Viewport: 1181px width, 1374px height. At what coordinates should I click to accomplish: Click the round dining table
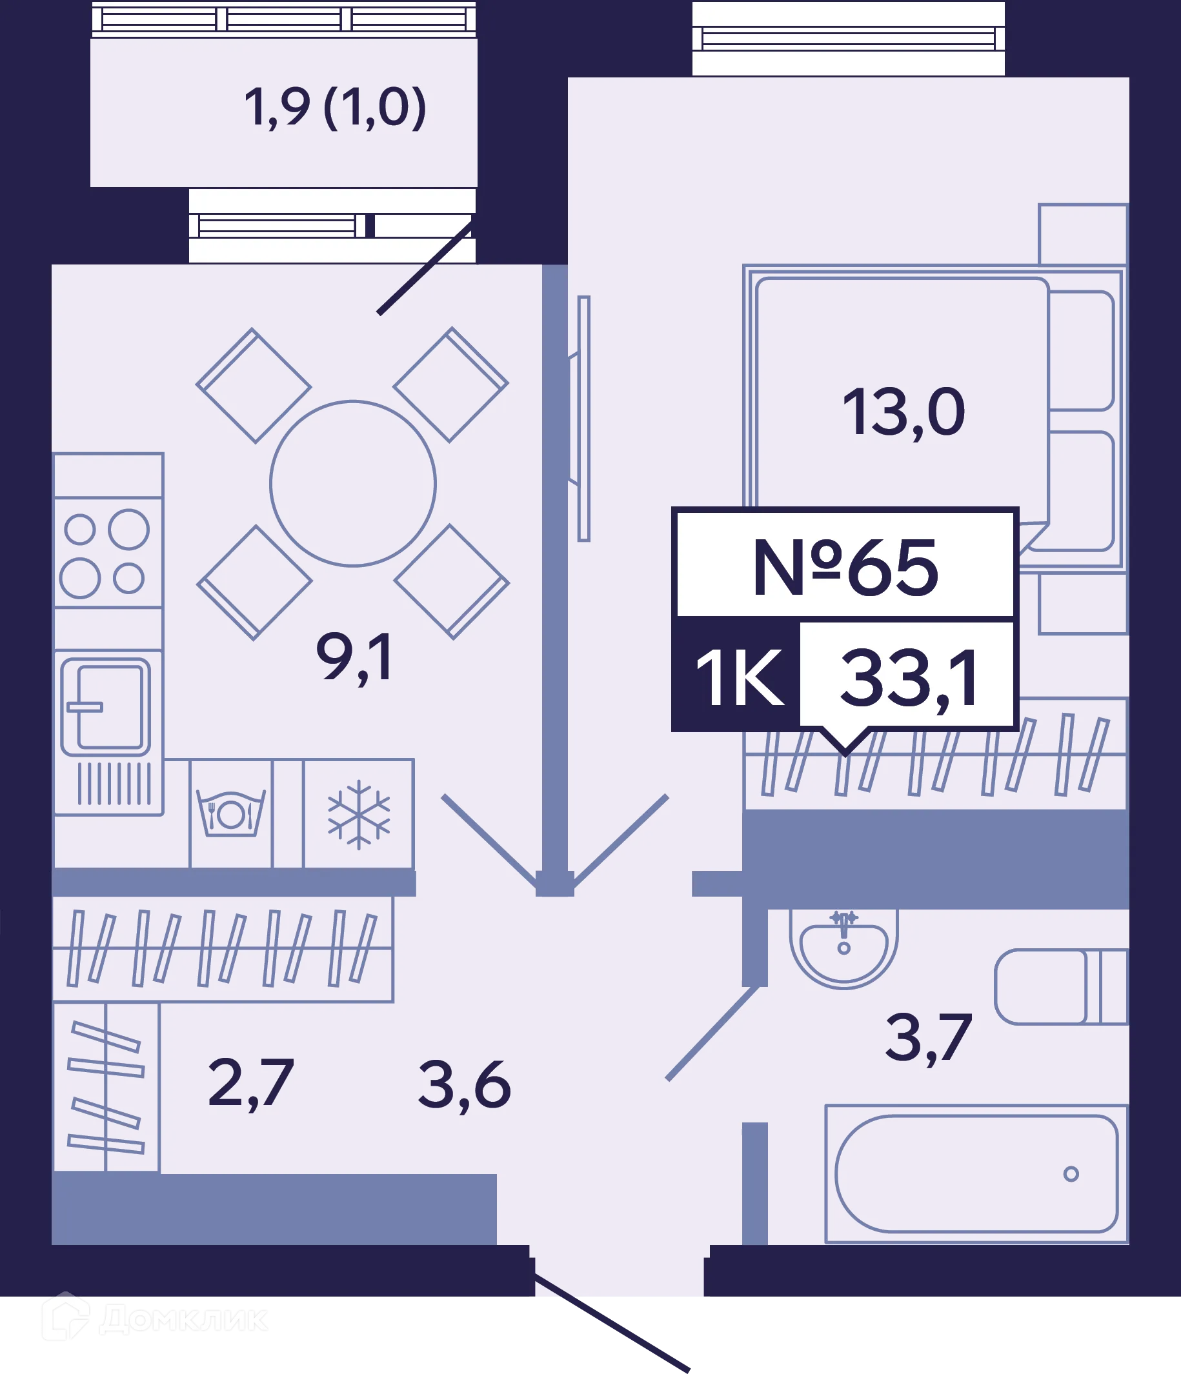353,483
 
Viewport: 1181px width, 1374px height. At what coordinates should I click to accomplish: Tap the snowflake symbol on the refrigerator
359,814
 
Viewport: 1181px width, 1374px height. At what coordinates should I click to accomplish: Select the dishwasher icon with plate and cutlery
231,813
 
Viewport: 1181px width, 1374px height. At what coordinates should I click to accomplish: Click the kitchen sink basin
106,707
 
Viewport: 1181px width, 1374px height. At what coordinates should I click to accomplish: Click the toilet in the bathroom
1061,987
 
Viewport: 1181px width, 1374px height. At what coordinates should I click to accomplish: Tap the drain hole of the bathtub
1071,1174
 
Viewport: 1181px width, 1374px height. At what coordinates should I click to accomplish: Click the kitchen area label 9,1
355,658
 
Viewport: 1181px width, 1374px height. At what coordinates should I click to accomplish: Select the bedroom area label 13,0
903,413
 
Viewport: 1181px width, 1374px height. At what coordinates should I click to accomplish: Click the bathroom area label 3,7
929,1039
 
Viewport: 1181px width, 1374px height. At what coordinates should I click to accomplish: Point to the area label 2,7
251,1085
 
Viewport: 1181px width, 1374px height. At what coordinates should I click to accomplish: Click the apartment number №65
845,568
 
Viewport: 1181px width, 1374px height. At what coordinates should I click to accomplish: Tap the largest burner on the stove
128,529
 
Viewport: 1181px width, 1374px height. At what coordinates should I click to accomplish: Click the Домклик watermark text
184,1320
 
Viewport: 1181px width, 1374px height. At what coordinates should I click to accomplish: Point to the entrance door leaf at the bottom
612,1322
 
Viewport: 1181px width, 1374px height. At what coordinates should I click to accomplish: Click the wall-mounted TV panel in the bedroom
584,419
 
